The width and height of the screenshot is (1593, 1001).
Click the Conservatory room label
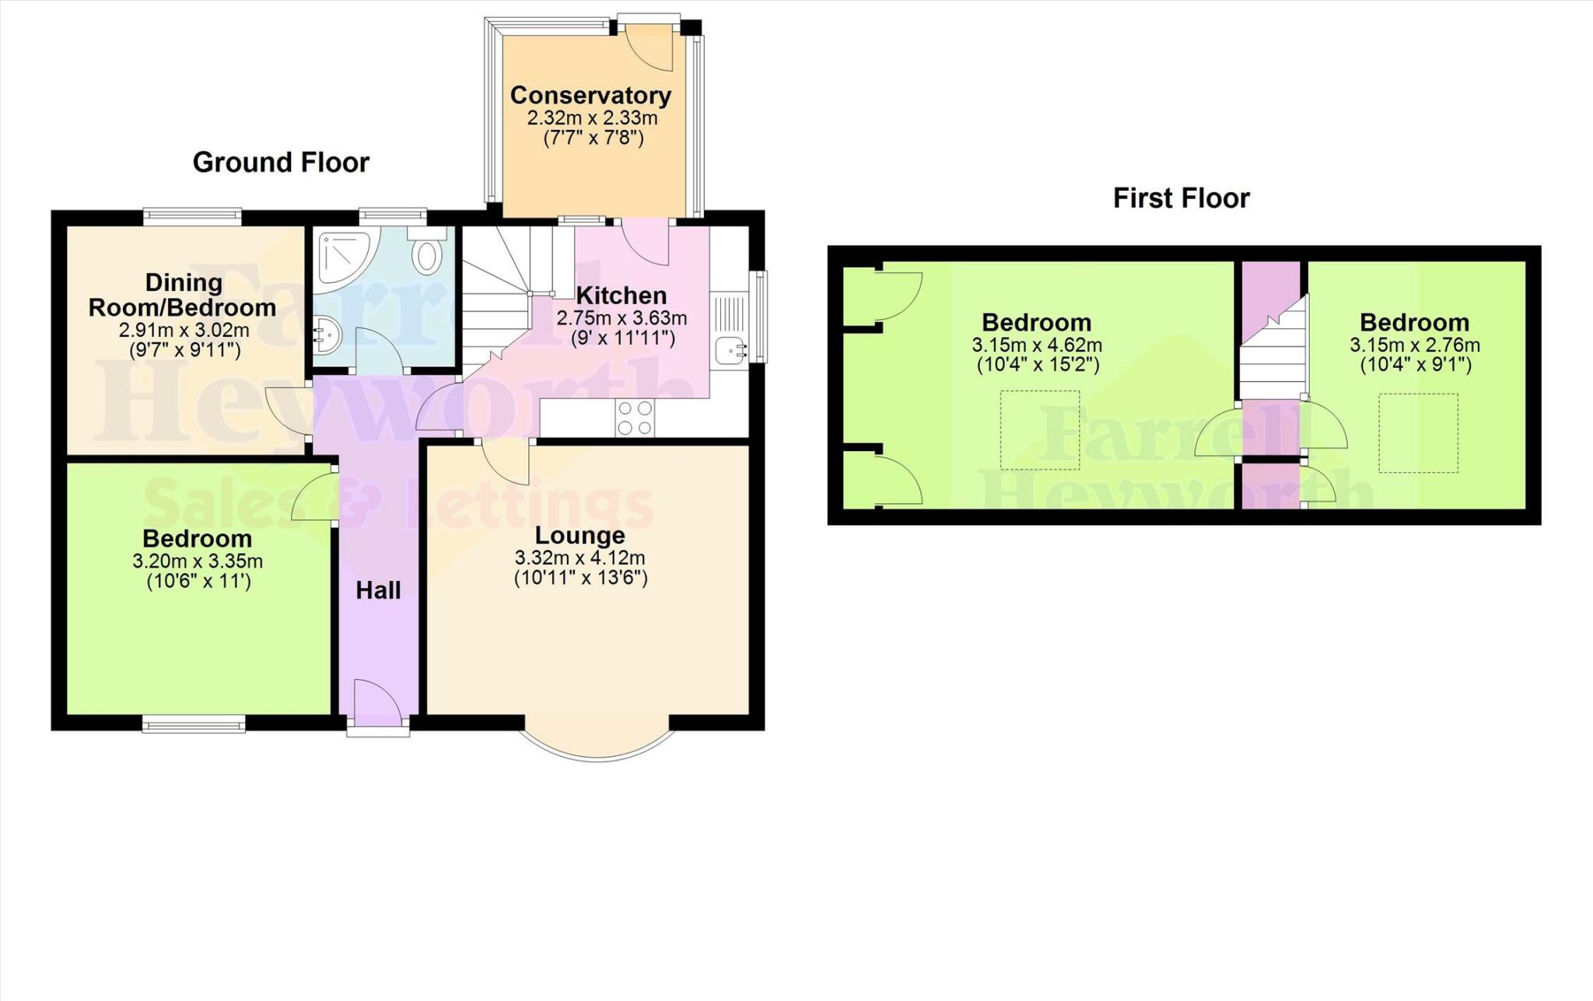pyautogui.click(x=590, y=96)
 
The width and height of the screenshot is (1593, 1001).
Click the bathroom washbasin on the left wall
pyautogui.click(x=326, y=337)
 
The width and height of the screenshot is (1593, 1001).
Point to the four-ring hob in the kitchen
pyautogui.click(x=635, y=418)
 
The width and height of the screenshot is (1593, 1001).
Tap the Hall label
pyautogui.click(x=378, y=590)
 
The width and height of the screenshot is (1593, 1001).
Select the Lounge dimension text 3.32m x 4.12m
pyautogui.click(x=579, y=558)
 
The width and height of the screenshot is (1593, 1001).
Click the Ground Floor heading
pyautogui.click(x=281, y=163)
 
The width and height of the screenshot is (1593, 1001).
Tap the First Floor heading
pyautogui.click(x=1181, y=198)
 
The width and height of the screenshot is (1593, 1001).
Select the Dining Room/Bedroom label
pyautogui.click(x=183, y=295)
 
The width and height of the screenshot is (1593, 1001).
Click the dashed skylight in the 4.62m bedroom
pyautogui.click(x=1040, y=430)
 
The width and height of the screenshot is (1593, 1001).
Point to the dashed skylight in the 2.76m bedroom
pyautogui.click(x=1418, y=433)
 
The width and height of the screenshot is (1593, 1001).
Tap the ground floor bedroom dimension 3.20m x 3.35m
pyautogui.click(x=198, y=561)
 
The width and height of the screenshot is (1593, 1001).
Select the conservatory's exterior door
pyautogui.click(x=649, y=47)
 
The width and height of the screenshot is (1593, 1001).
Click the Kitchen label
pyautogui.click(x=621, y=296)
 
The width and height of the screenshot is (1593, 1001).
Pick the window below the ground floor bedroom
pyautogui.click(x=194, y=724)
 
